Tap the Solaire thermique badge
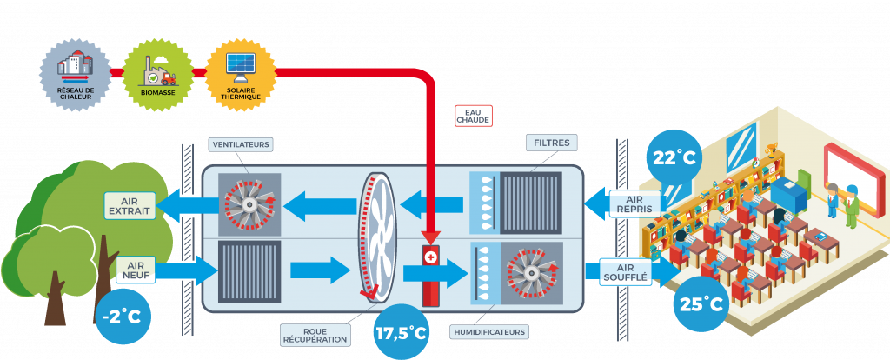[238, 70]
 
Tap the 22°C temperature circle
[673, 157]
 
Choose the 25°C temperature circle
[701, 305]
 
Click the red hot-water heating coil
[430, 274]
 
